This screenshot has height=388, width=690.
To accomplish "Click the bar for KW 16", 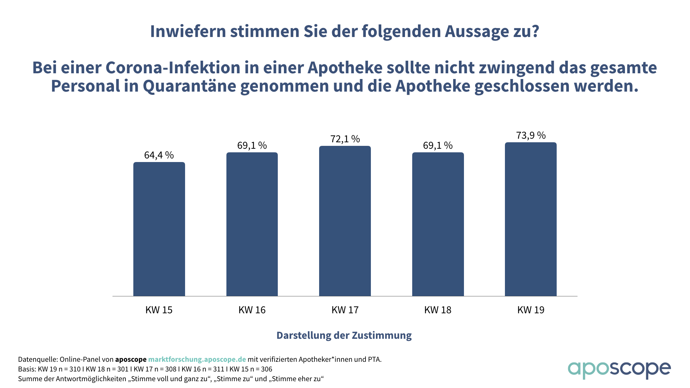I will point(252,224).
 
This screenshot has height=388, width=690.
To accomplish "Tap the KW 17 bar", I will point(345,221).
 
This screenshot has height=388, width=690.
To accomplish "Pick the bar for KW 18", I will point(438,224).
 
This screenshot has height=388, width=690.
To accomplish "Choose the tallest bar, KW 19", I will point(531,219).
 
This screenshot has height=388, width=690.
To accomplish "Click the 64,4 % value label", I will point(159,155).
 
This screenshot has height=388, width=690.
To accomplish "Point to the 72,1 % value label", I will point(345,139).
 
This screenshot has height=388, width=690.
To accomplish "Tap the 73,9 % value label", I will point(531,135).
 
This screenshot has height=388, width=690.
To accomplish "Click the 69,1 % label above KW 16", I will point(252,145).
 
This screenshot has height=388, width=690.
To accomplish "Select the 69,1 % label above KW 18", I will point(438,145).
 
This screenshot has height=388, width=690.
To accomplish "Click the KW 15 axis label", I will point(159,310).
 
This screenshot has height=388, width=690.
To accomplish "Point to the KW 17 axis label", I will point(345,310).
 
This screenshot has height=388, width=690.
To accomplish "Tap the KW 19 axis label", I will point(531,310).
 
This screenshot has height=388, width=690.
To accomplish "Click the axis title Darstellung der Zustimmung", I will point(344,336).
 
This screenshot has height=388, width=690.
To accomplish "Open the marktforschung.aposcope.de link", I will point(197,360).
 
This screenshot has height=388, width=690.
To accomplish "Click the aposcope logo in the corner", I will point(619,370).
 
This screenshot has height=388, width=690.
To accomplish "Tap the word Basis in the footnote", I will point(27,369).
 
